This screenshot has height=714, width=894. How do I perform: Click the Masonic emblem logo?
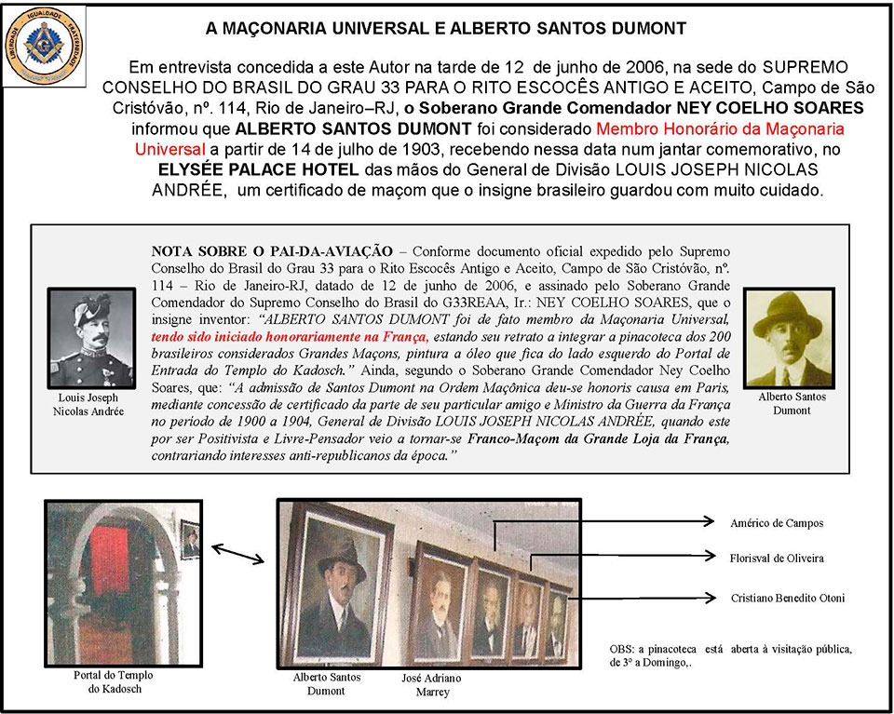click(43, 45)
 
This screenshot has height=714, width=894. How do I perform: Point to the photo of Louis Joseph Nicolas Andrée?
click(90, 338)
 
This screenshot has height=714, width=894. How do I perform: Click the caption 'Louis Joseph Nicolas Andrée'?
click(90, 404)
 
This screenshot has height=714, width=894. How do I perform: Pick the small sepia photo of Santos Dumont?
click(788, 337)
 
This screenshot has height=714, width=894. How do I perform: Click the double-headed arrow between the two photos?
click(237, 557)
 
